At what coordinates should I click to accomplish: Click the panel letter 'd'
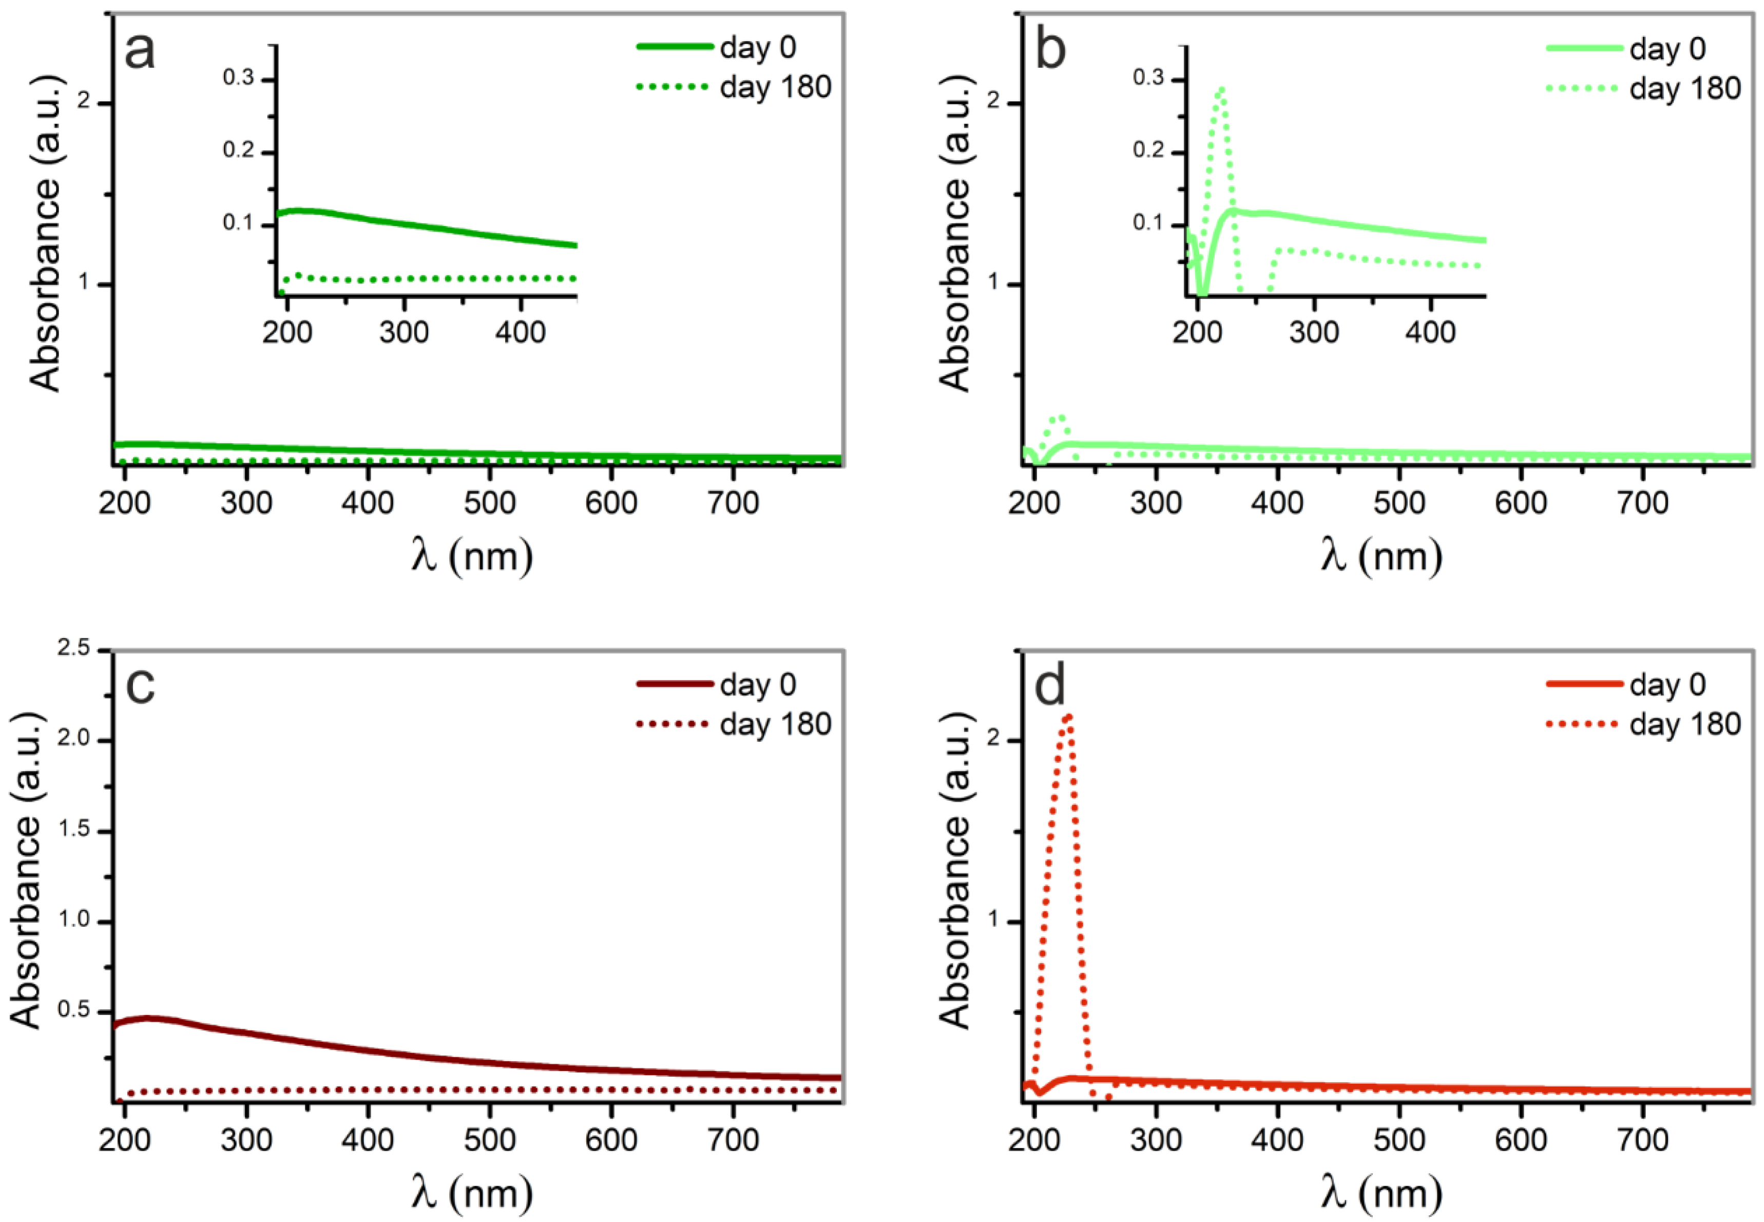(1049, 687)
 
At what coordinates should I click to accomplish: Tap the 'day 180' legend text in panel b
(1684, 89)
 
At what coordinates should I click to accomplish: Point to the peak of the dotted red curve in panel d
(1067, 716)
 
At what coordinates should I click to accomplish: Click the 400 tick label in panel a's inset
(521, 332)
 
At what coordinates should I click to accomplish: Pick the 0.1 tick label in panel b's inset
(1148, 223)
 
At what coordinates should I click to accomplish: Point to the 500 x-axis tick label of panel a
(490, 503)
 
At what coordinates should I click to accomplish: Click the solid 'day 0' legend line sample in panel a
(674, 47)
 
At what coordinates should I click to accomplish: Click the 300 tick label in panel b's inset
(1314, 332)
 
